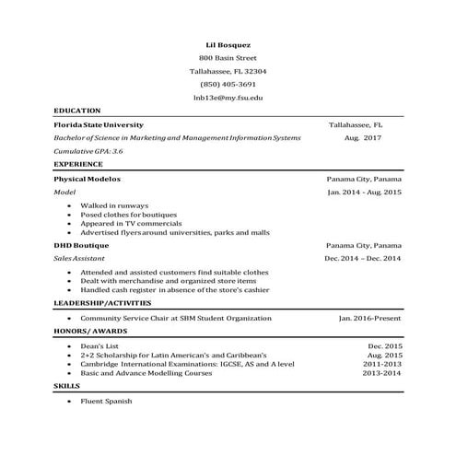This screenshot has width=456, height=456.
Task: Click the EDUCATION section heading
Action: pyautogui.click(x=77, y=110)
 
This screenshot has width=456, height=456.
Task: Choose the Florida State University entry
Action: pyautogui.click(x=99, y=123)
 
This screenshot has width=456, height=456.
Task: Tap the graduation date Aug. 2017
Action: pyautogui.click(x=363, y=137)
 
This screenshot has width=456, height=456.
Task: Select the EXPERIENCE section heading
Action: pyautogui.click(x=78, y=164)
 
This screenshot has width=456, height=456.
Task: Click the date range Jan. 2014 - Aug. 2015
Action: pyautogui.click(x=364, y=193)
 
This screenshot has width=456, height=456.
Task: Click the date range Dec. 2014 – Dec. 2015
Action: pyautogui.click(x=363, y=260)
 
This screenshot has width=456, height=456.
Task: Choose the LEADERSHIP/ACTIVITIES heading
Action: pyautogui.click(x=102, y=303)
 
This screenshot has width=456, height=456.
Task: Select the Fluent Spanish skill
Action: pyautogui.click(x=107, y=402)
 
